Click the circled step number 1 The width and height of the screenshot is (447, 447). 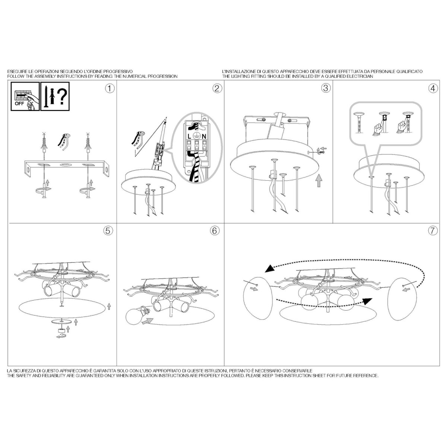pyautogui.click(x=110, y=89)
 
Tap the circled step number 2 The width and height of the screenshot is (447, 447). pyautogui.click(x=217, y=89)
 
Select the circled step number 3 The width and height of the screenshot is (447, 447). pyautogui.click(x=326, y=88)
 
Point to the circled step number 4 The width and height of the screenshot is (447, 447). pyautogui.click(x=433, y=88)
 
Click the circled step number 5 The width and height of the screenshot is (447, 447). pyautogui.click(x=108, y=231)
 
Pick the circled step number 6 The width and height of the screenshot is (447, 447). pyautogui.click(x=215, y=231)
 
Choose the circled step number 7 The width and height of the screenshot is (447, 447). pyautogui.click(x=433, y=231)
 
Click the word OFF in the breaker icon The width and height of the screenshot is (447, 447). pyautogui.click(x=19, y=104)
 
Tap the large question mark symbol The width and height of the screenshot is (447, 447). pyautogui.click(x=62, y=97)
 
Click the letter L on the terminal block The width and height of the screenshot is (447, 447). pyautogui.click(x=189, y=137)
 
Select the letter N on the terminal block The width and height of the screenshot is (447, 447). pyautogui.click(x=204, y=137)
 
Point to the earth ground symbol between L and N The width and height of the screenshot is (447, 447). pyautogui.click(x=196, y=136)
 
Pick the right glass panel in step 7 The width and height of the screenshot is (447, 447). pyautogui.click(x=402, y=299)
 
